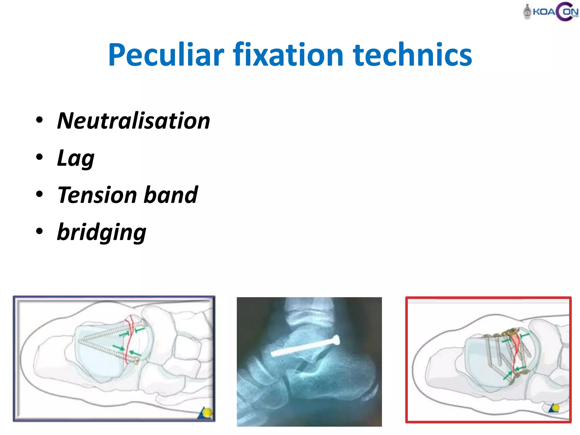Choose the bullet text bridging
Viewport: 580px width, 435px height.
(101, 232)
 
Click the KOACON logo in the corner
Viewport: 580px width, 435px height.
(551, 12)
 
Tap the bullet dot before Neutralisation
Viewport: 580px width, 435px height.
(39, 120)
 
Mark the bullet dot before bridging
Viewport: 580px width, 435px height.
(39, 231)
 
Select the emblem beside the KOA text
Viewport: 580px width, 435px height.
(527, 12)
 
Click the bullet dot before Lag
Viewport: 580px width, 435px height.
(39, 157)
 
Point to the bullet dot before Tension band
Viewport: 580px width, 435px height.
(39, 194)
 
